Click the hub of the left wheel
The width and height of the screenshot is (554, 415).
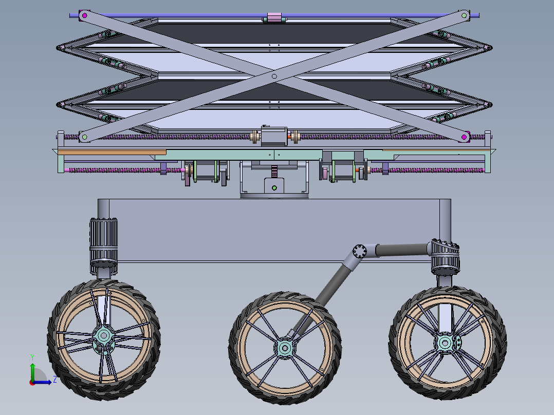[x=104, y=336]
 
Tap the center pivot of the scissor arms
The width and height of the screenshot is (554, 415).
[x=274, y=76]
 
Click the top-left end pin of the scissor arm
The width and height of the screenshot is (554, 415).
[x=83, y=16]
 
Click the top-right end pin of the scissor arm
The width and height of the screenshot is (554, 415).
[x=465, y=16]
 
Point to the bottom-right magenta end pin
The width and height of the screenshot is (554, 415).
[x=464, y=137]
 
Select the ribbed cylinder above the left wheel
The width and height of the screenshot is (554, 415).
[x=104, y=240]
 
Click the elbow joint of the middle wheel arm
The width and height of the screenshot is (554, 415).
[x=359, y=252]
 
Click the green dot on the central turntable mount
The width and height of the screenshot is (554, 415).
[x=274, y=188]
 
